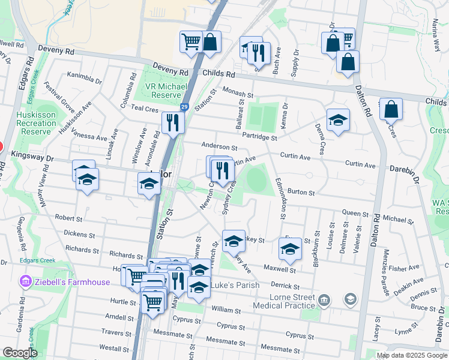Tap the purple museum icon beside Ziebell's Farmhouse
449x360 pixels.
point(25,281)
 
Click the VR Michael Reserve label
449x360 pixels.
point(163,91)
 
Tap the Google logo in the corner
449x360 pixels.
point(20,353)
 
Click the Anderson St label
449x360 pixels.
point(220,146)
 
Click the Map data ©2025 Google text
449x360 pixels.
point(412,355)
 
